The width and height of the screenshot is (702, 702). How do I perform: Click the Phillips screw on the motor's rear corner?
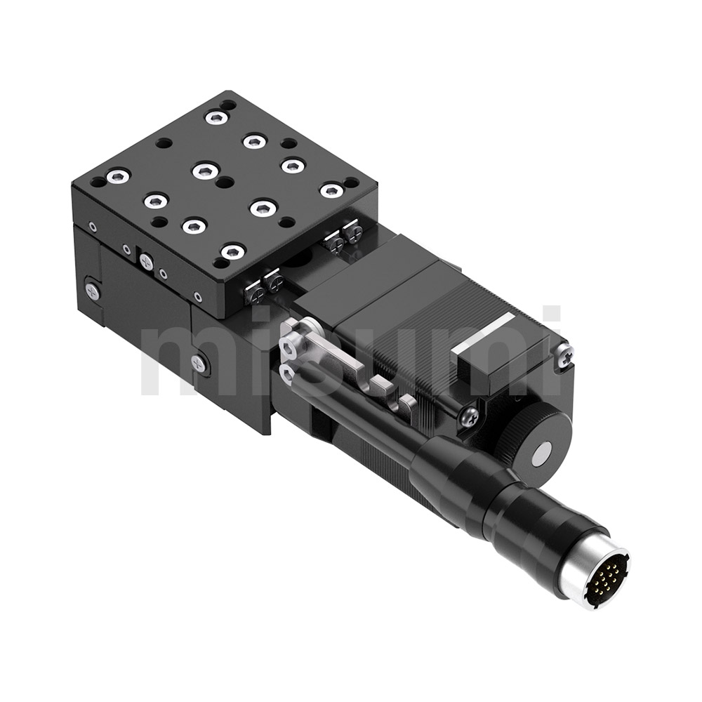(564, 357)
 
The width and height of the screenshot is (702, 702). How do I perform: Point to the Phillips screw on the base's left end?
(92, 290)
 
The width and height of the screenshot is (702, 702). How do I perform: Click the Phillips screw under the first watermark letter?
(199, 363)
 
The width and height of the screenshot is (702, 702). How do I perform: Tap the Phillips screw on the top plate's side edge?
(146, 262)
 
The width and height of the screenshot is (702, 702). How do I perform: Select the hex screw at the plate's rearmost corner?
(216, 117)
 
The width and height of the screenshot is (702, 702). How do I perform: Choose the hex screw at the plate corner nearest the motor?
(331, 190)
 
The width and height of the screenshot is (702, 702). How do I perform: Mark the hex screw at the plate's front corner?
(232, 251)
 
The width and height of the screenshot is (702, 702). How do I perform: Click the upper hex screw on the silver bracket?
(289, 345)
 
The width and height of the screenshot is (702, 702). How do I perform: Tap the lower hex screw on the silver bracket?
(286, 372)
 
